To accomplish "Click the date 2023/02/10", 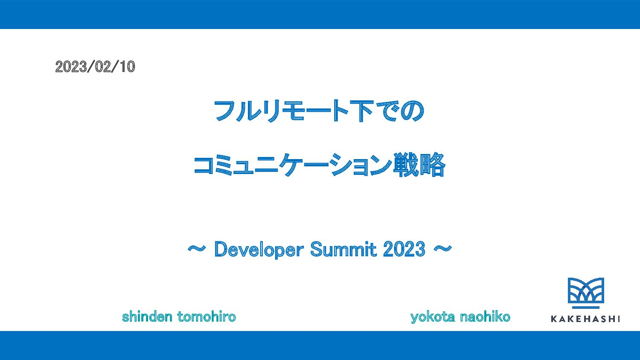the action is point(95,67).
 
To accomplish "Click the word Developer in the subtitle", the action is point(259,250).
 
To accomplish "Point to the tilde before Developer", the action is point(197,248).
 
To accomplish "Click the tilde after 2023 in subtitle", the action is point(443,248).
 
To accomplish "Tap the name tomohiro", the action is point(207,316).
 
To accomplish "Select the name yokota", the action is point(433,317).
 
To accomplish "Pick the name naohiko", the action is point(485,316).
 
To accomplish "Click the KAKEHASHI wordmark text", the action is point(585,319).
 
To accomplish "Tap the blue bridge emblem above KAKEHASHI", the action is point(586,290).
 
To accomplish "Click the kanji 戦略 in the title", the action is point(419,165).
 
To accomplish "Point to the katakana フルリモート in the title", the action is point(281,111).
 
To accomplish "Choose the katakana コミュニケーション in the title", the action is point(293,165).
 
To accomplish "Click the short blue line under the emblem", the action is point(586,308).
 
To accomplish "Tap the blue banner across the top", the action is point(320,14).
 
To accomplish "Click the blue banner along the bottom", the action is point(320,345).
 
